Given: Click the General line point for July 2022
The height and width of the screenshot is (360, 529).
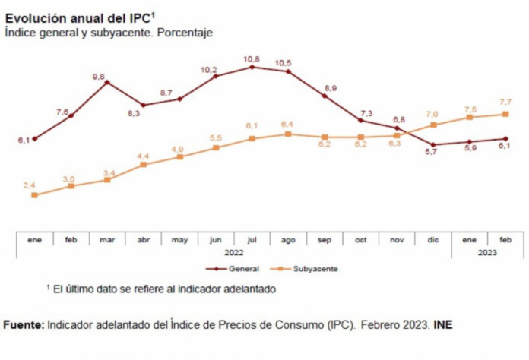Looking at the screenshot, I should click(x=252, y=67).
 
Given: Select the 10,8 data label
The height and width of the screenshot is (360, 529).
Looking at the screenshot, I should click(x=252, y=58).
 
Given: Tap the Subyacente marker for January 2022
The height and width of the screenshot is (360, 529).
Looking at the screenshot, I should click(x=34, y=195).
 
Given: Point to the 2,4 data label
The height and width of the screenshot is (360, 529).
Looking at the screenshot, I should click(x=30, y=185).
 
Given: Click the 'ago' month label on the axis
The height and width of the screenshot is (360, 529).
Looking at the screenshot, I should click(x=288, y=240).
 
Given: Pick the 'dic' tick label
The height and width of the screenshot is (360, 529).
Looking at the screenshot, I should click(x=433, y=240).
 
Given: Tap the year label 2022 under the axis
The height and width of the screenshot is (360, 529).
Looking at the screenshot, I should click(x=234, y=251).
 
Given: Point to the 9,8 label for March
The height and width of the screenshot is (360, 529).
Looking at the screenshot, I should click(x=99, y=76).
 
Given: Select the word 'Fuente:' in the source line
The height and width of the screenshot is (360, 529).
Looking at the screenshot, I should click(x=24, y=324).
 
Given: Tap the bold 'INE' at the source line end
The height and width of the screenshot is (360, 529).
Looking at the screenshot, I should click(x=443, y=324).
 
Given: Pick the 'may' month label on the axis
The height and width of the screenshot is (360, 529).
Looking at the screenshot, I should click(x=179, y=240).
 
